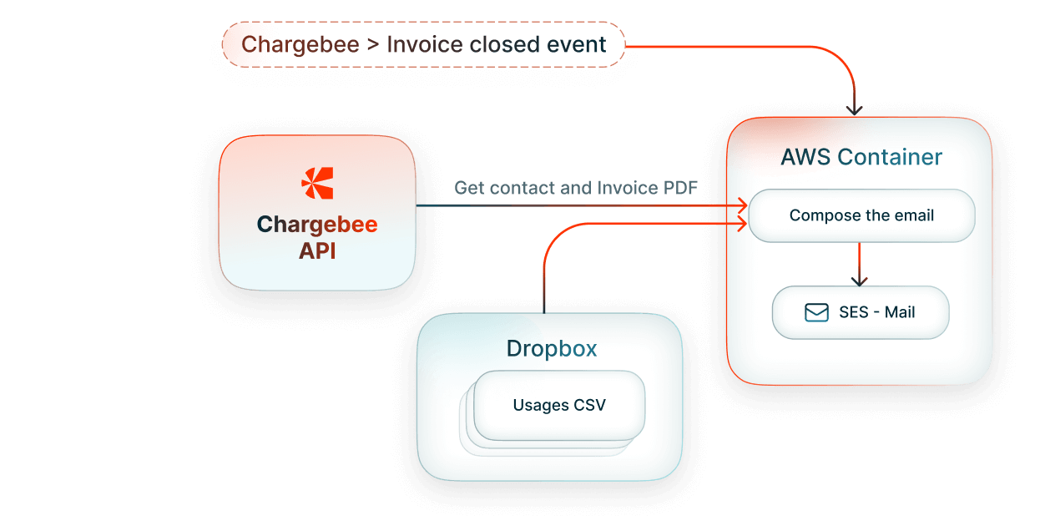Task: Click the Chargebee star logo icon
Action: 317,183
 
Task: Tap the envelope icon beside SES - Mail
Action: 815,312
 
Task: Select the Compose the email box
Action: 861,215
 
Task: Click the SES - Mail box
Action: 861,312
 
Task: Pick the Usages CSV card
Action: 558,406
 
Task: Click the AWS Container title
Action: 861,157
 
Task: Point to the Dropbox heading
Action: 551,348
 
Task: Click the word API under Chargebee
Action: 317,250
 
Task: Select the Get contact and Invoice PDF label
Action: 576,188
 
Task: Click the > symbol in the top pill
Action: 372,44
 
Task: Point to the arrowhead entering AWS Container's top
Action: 854,109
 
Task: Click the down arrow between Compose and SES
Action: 860,278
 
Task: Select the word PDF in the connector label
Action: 681,188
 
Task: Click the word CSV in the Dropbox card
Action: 589,406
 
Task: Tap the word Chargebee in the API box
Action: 317,225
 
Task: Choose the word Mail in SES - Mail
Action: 900,312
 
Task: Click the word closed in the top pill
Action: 501,44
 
